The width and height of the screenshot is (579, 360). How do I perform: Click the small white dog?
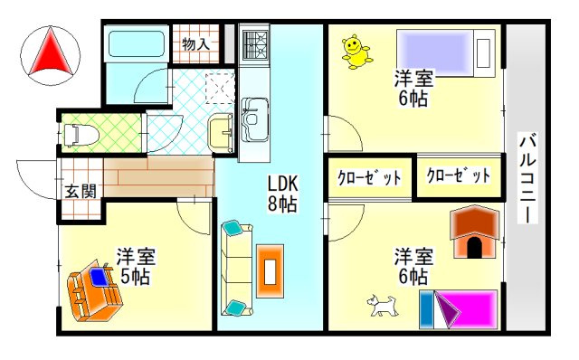[x=383, y=305]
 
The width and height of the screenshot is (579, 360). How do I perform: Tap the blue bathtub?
[x=134, y=44]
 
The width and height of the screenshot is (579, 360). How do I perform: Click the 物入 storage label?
[x=195, y=42]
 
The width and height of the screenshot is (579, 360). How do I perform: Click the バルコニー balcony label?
[x=529, y=179]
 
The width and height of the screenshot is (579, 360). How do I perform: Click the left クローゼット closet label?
[x=369, y=177]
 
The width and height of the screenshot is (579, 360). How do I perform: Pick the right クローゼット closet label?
[x=458, y=175]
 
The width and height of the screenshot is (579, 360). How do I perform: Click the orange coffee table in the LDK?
[x=270, y=270]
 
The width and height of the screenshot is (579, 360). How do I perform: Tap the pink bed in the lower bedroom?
[x=459, y=308]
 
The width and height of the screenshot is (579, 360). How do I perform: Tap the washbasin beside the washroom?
[x=221, y=132]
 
